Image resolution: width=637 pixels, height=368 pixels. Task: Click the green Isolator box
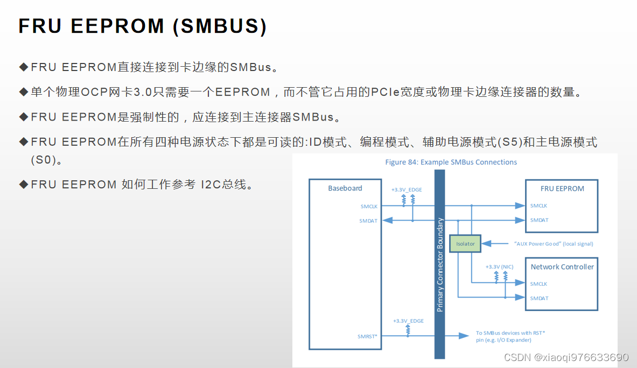(465, 244)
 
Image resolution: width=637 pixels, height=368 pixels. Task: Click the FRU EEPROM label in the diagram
(562, 189)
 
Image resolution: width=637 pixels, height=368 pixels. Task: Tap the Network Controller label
(562, 267)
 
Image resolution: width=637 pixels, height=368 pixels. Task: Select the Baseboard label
(345, 188)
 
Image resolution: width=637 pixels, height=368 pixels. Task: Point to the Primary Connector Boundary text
(440, 265)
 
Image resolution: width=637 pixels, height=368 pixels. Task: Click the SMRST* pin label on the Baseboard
(367, 336)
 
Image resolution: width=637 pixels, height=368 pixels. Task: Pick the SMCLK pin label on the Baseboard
(369, 206)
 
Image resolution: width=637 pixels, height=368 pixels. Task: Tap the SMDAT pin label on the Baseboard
(368, 221)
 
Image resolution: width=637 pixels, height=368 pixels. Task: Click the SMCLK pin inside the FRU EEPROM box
(538, 206)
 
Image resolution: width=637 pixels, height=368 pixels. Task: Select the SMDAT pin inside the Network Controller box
(539, 298)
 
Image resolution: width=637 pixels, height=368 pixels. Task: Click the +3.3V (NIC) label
(500, 267)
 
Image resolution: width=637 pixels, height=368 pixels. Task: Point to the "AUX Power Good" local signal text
(554, 244)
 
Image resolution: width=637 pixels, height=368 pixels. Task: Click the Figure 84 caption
(451, 162)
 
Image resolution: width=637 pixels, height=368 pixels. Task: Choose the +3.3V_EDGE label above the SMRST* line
(408, 321)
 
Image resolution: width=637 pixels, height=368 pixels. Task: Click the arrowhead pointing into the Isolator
(485, 244)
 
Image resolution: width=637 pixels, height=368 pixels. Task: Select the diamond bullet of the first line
(23, 67)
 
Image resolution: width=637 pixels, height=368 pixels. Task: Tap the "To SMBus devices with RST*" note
(510, 333)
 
